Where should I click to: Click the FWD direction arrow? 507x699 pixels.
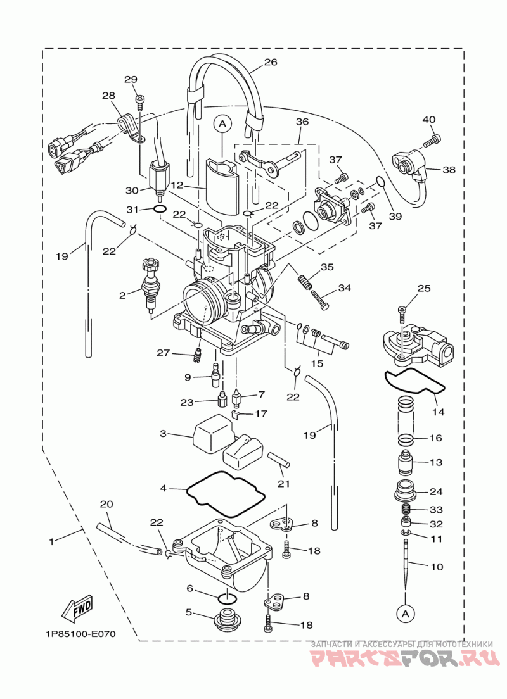coord(79,609)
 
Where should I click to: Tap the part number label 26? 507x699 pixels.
coord(271,62)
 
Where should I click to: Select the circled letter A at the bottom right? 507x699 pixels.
coord(405,614)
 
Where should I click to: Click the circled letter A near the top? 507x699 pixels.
coord(222,125)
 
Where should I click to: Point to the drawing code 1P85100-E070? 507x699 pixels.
coord(80,634)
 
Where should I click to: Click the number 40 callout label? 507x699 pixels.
coord(429,120)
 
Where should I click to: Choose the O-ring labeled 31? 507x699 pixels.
coord(160,209)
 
